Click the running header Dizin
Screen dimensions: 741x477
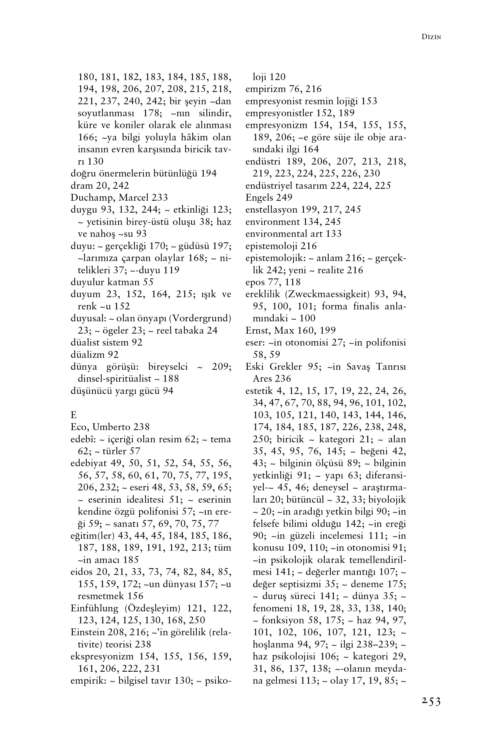(x=431, y=37)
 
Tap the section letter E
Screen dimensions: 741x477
(x=73, y=415)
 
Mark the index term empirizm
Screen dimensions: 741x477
(x=266, y=89)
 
